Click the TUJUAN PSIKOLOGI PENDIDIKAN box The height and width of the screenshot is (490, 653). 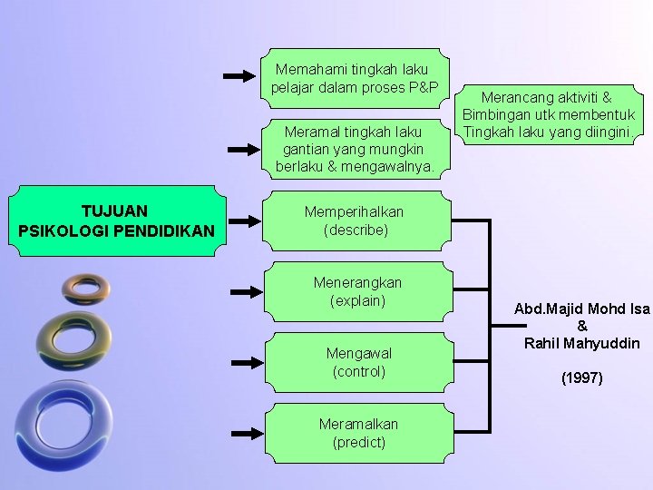tap(116, 221)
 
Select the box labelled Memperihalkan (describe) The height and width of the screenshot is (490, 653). tap(355, 220)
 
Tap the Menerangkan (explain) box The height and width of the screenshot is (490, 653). tap(357, 291)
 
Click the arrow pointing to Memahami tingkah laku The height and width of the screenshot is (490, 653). tap(240, 77)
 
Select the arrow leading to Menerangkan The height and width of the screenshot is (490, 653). tap(245, 292)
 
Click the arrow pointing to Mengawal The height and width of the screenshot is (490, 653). tap(246, 362)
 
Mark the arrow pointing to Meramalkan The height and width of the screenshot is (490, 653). tap(246, 434)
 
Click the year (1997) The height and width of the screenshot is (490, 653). tap(581, 377)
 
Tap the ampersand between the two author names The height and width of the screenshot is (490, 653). tap(581, 326)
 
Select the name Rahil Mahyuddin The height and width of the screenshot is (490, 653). tap(581, 343)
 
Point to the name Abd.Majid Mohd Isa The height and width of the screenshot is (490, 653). tap(581, 309)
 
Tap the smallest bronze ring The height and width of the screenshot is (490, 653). tap(86, 289)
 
